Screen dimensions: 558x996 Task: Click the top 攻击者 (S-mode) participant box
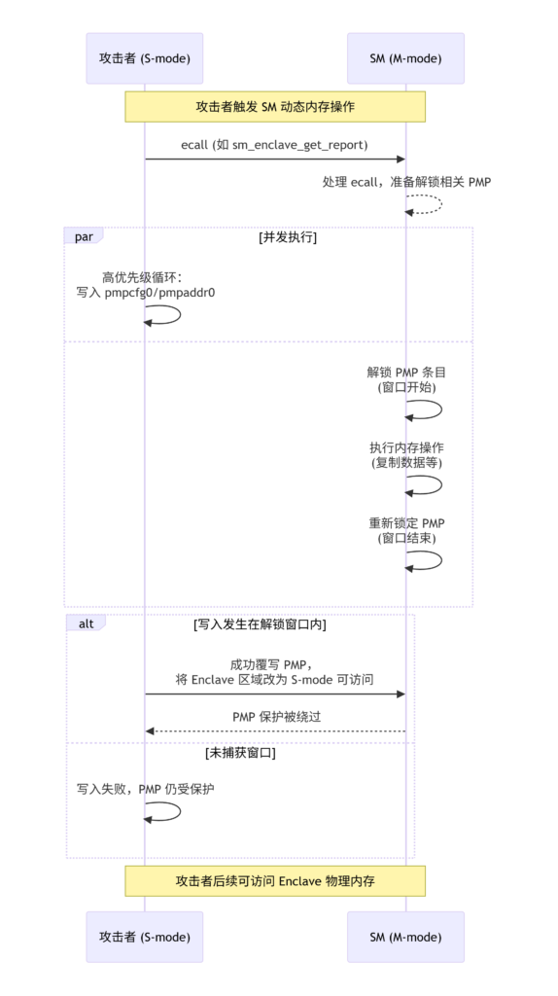[144, 58]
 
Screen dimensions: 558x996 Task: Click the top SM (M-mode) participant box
[405, 58]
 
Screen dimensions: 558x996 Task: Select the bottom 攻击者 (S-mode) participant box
[144, 937]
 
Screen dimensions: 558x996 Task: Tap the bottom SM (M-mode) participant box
[405, 937]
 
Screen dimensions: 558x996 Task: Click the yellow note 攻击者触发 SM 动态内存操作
[275, 107]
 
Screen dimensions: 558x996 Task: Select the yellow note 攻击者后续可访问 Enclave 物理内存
[275, 881]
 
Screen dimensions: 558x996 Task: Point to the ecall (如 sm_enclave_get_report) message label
[274, 145]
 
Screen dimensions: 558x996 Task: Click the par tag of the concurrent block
[84, 237]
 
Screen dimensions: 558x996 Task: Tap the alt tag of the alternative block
[86, 623]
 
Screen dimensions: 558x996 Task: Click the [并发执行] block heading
[288, 237]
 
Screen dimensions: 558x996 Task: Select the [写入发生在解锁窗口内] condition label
[260, 624]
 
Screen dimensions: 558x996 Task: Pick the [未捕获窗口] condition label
[240, 754]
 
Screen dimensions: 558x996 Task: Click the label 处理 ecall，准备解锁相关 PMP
[406, 182]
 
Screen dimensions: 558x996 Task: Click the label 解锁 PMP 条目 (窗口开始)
[406, 380]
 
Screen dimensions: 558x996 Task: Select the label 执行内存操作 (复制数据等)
[406, 455]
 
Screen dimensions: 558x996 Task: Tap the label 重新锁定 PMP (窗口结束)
[406, 531]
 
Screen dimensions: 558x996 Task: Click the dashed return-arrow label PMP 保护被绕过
[277, 717]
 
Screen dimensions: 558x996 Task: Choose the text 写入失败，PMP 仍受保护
[146, 789]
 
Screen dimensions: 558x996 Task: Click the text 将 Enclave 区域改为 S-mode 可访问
[274, 680]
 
